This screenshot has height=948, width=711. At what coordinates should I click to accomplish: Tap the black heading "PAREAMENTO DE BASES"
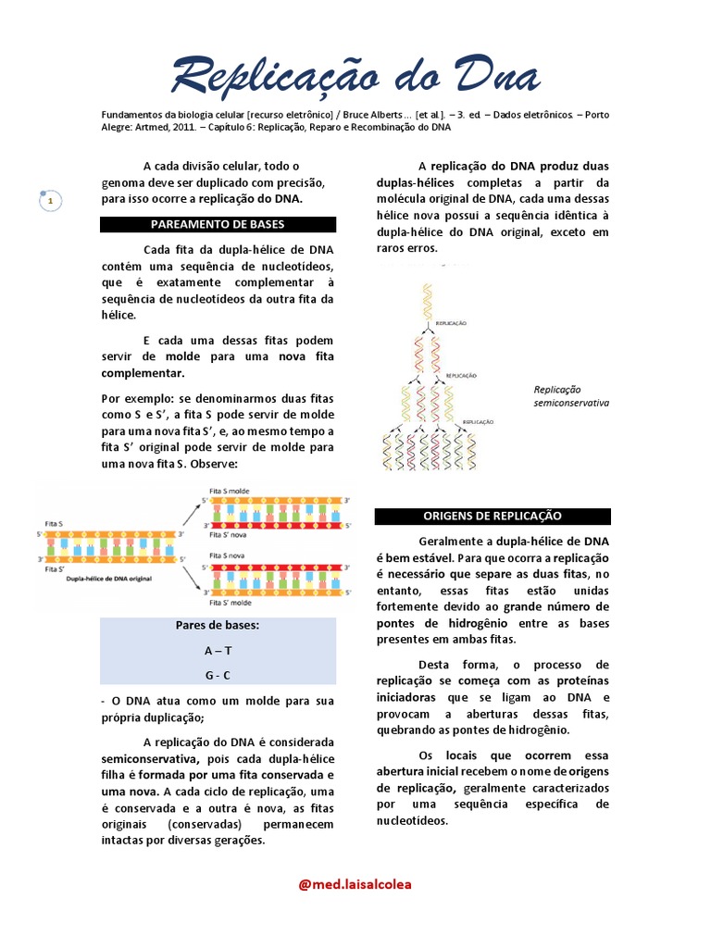click(218, 224)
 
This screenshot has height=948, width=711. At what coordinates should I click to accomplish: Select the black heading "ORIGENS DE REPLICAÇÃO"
click(492, 516)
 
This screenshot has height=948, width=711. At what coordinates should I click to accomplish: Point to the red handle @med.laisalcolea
click(355, 883)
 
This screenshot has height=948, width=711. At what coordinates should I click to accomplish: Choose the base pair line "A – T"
click(218, 651)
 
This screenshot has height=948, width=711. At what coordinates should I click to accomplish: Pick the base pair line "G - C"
click(218, 675)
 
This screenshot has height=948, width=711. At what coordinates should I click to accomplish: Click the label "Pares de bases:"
click(218, 626)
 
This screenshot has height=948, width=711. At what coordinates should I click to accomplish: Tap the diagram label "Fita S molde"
click(231, 491)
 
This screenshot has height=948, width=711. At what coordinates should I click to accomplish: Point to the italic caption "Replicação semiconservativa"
click(570, 396)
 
